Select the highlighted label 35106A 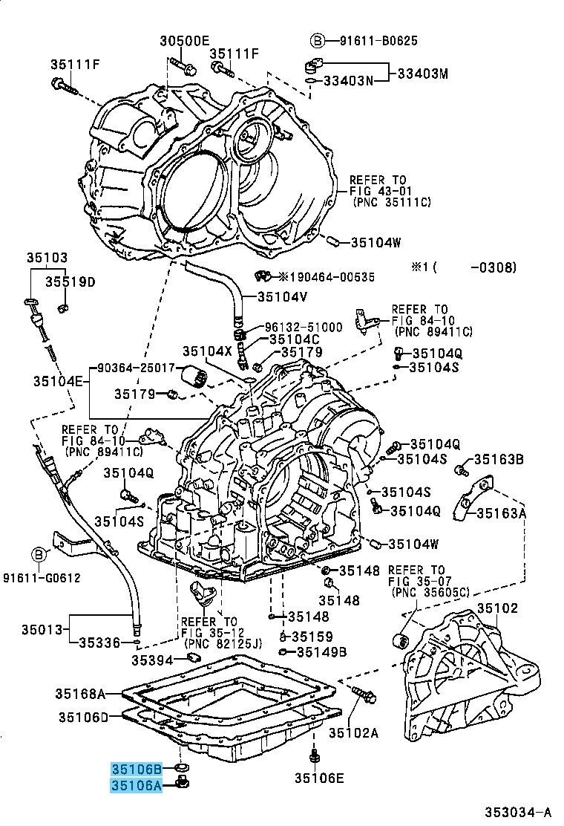(x=137, y=784)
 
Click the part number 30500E (x=185, y=40)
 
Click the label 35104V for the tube (x=283, y=296)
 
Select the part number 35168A (x=79, y=695)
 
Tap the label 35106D (x=84, y=717)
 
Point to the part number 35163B (x=499, y=460)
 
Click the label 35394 (x=153, y=660)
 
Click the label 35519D (x=69, y=282)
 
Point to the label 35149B (x=321, y=653)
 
